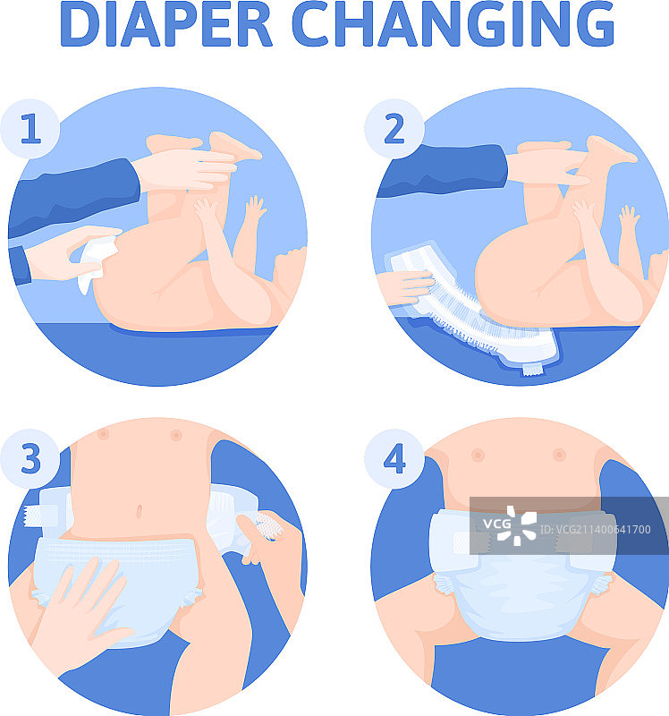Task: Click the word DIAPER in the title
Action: [166, 24]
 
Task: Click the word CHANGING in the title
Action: [453, 24]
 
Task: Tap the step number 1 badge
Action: [30, 129]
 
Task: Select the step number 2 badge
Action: [394, 129]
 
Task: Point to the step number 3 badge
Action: [30, 458]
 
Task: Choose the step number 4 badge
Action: [394, 458]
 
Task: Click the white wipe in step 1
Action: [97, 263]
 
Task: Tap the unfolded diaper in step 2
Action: [470, 311]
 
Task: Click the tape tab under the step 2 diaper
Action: [531, 369]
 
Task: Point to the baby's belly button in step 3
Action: [139, 511]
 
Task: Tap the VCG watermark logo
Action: [510, 525]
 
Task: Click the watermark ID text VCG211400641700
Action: [595, 529]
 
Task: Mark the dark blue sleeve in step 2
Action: [442, 171]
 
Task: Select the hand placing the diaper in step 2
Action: [405, 287]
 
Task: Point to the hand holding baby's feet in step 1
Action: [187, 169]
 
